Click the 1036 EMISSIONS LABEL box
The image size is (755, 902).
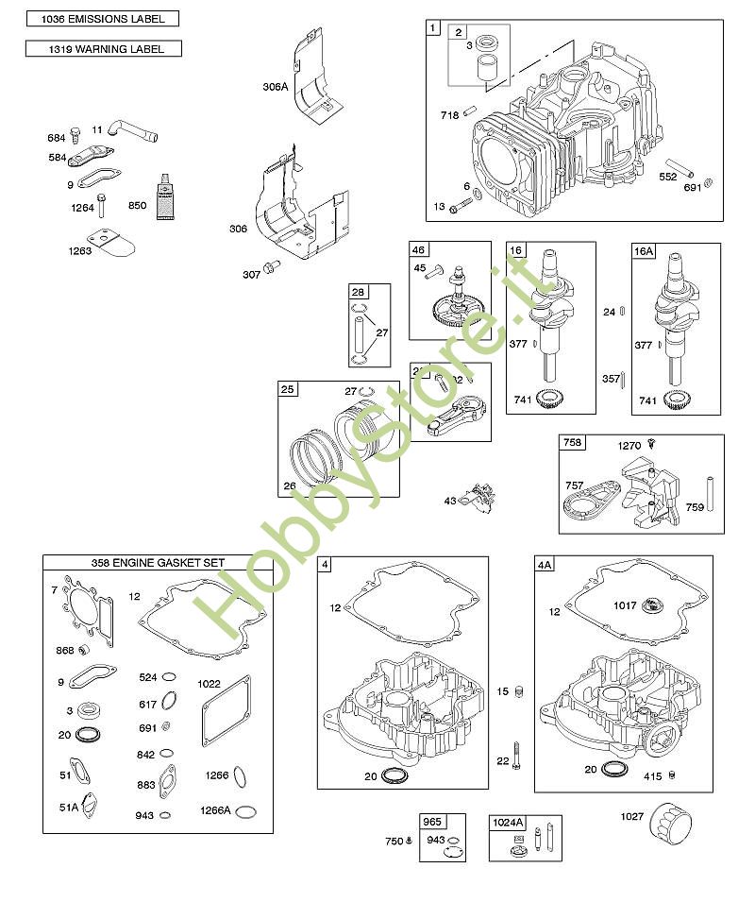point(102,19)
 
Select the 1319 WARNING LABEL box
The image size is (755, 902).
point(103,49)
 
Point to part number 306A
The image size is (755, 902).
point(275,86)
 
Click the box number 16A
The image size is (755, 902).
point(643,251)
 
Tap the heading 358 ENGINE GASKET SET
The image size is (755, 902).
point(158,563)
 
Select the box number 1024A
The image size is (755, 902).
point(507,823)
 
